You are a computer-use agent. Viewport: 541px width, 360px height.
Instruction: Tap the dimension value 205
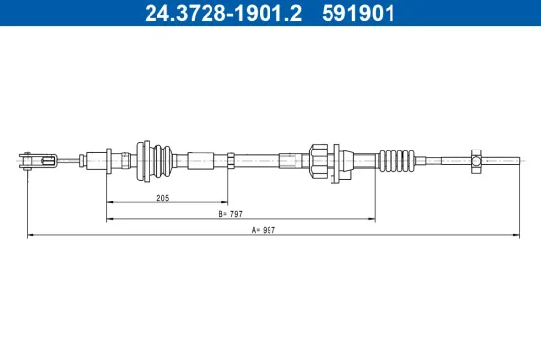[x=163, y=198]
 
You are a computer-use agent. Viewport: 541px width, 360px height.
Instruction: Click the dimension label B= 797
[x=232, y=214]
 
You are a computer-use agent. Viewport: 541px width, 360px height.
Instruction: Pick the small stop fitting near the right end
[x=476, y=157]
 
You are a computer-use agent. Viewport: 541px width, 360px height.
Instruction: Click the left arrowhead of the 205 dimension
[x=109, y=203]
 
